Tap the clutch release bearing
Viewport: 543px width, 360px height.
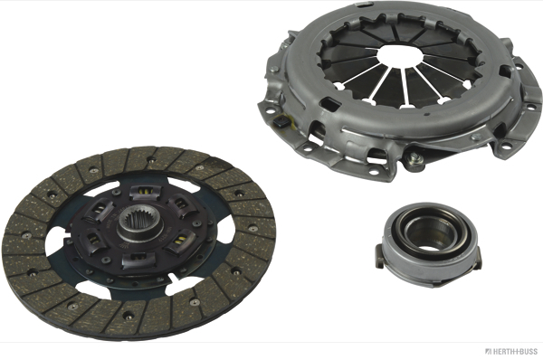pyautogui.click(x=428, y=245)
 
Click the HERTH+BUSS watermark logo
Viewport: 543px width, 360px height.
pyautogui.click(x=511, y=352)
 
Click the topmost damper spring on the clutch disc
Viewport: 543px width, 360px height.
pyautogui.click(x=146, y=192)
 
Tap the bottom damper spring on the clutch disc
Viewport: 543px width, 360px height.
pyautogui.click(x=138, y=259)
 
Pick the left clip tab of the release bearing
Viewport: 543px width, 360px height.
pyautogui.click(x=379, y=255)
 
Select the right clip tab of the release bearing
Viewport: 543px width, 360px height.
pyautogui.click(x=478, y=260)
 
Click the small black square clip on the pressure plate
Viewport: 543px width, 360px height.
pyautogui.click(x=281, y=122)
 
